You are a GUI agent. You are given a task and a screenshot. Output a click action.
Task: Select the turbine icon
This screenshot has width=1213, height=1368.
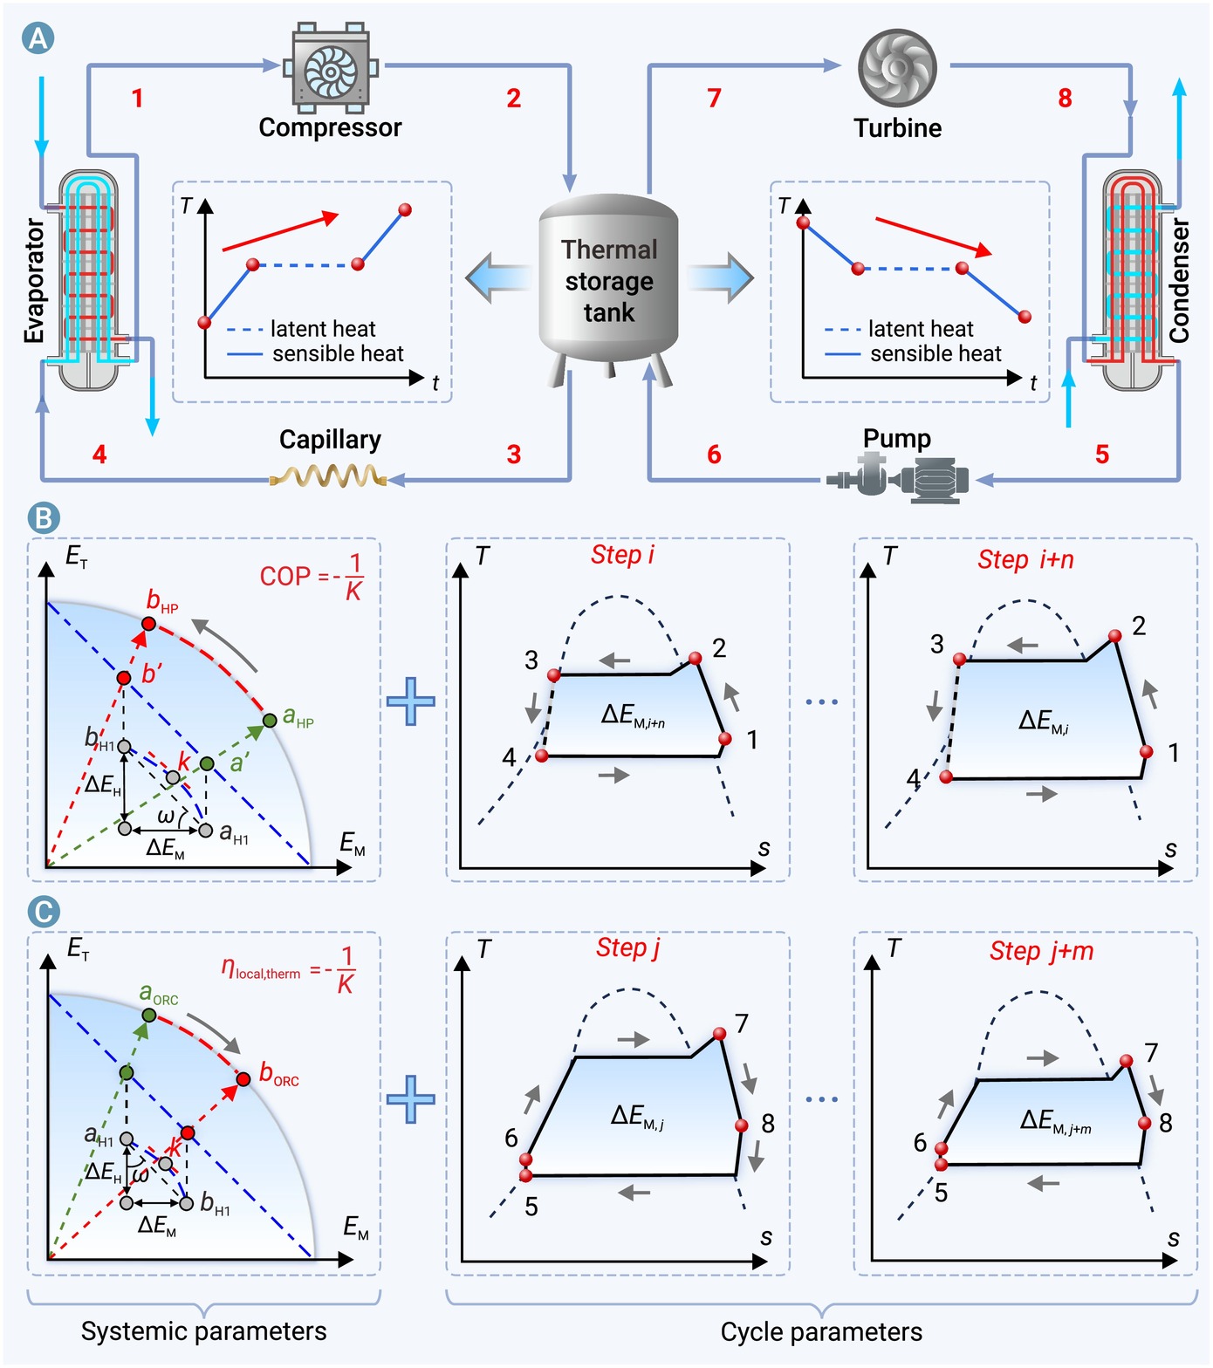[x=897, y=67]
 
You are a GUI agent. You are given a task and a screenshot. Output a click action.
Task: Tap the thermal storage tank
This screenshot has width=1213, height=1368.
[x=609, y=289]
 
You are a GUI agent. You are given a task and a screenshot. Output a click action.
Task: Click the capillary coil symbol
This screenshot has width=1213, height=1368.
[x=328, y=476]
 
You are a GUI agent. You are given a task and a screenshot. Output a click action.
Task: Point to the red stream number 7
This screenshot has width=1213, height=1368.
[x=714, y=98]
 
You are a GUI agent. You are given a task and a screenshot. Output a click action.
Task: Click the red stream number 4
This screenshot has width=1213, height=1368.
[x=99, y=454]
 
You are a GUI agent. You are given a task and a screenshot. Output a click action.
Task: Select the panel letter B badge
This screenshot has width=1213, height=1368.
[x=44, y=517]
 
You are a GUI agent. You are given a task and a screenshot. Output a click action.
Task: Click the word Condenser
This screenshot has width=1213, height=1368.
[x=1179, y=280]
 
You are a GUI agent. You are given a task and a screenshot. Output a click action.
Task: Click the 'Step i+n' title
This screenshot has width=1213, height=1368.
[x=1025, y=559]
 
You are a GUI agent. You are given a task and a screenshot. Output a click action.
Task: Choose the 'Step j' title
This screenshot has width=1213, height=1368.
[x=627, y=948]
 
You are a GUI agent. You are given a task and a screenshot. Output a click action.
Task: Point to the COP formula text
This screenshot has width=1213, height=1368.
[x=312, y=576]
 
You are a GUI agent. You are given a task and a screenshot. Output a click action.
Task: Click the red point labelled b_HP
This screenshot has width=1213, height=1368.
[x=148, y=624]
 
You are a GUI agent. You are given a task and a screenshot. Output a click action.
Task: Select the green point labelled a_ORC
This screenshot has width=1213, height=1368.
[x=149, y=1016]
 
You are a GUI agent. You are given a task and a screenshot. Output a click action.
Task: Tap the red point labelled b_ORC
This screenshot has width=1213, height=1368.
[x=243, y=1080]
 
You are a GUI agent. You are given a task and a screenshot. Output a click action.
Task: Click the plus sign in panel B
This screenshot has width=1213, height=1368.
[x=410, y=701]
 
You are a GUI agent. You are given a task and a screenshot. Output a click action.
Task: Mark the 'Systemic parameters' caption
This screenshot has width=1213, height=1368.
[x=204, y=1331]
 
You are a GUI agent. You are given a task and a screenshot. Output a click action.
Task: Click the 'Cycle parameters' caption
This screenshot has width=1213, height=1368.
[x=821, y=1332]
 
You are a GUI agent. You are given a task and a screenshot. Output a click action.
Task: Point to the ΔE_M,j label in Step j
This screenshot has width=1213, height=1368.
[x=637, y=1116]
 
